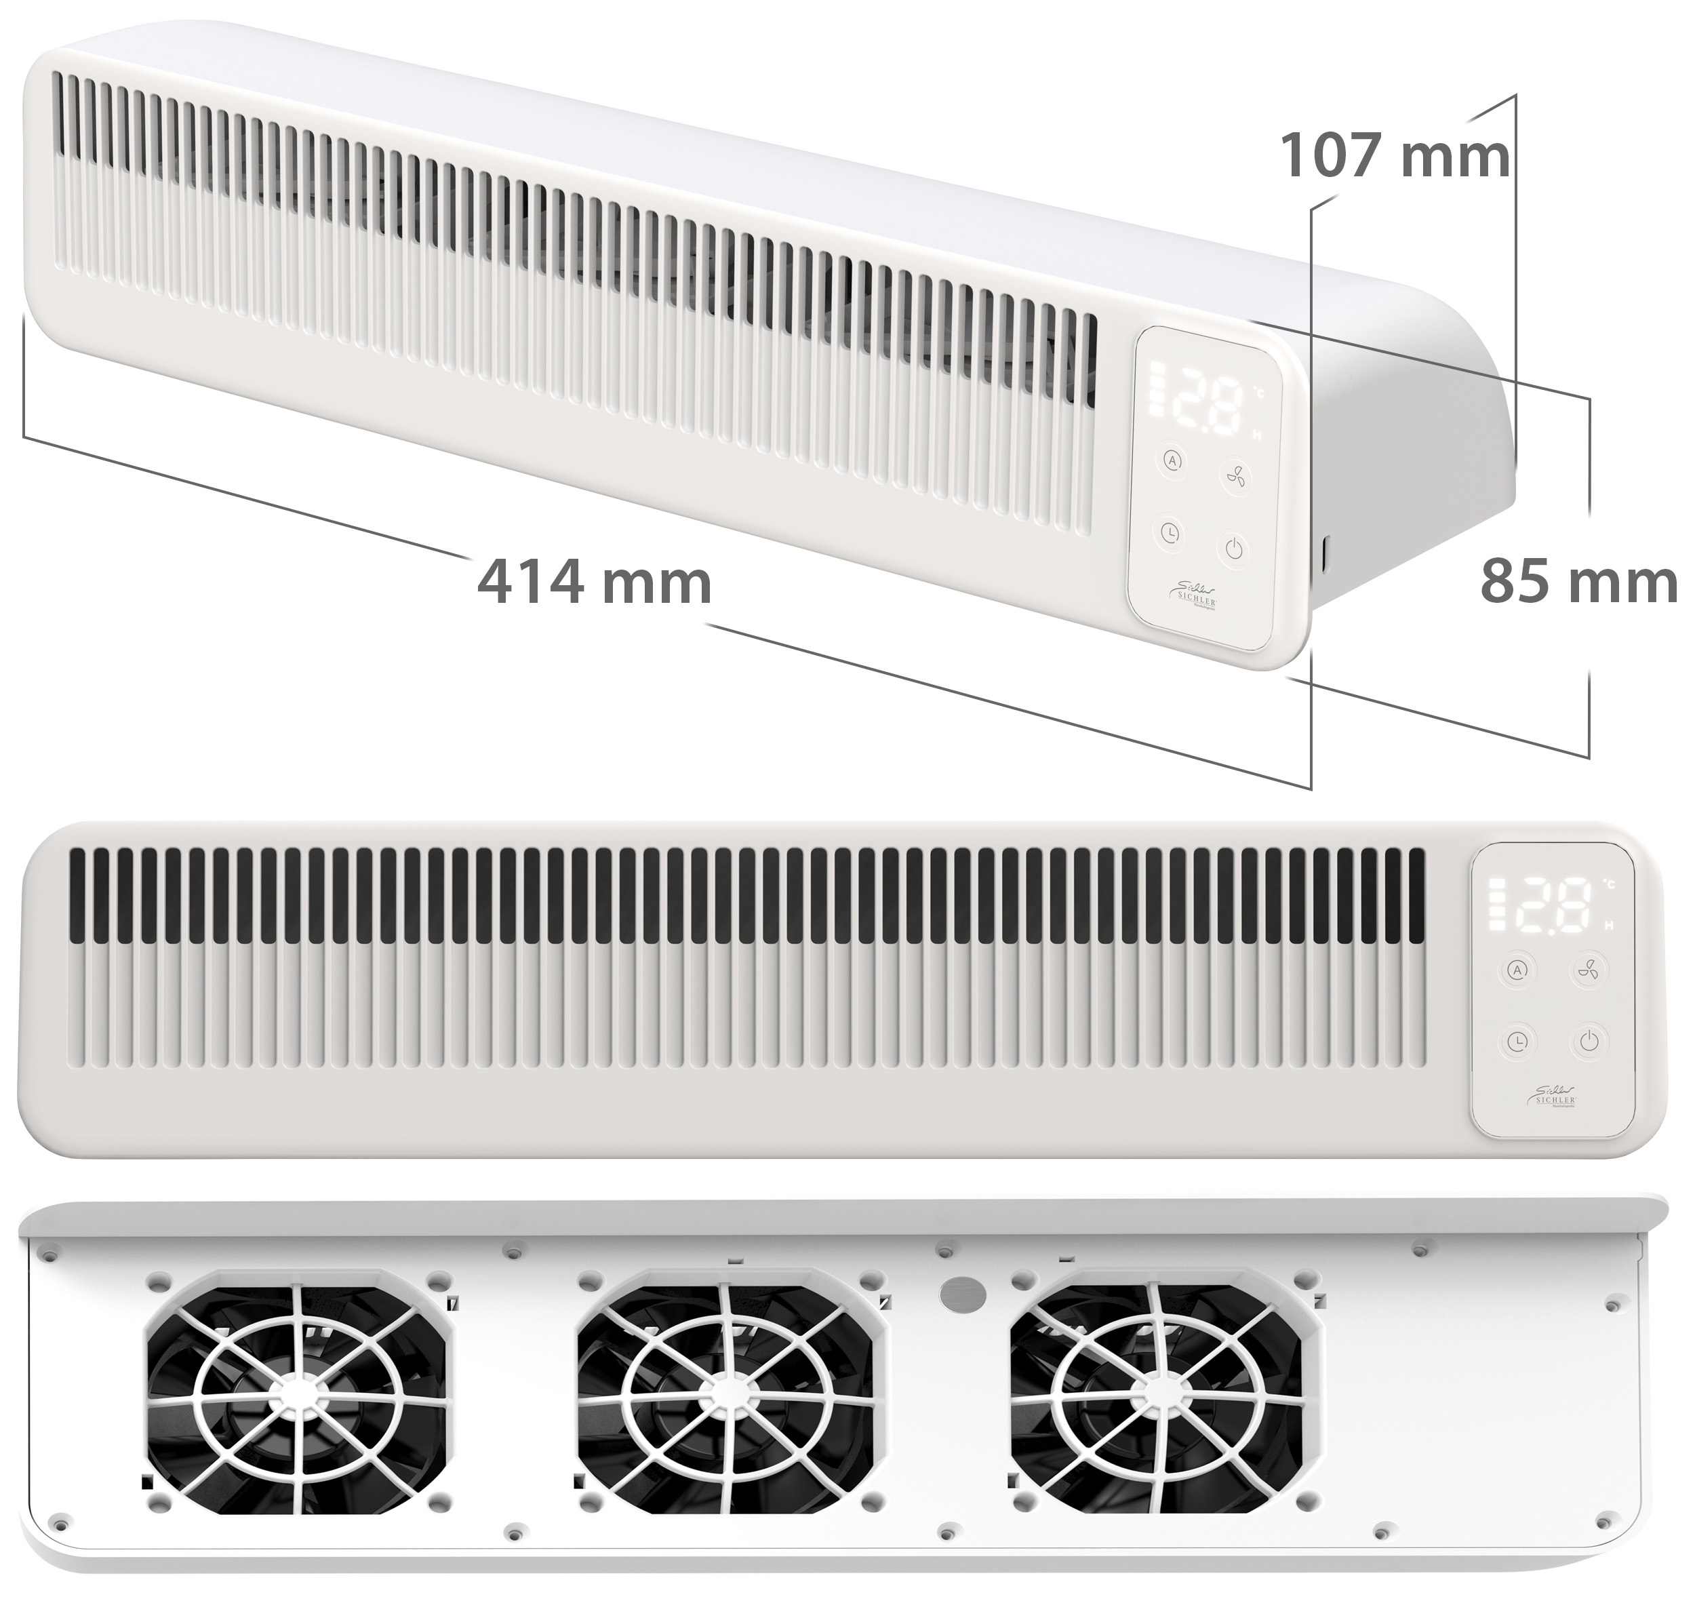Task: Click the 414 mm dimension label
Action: pyautogui.click(x=594, y=583)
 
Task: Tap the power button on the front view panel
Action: pyautogui.click(x=1587, y=1040)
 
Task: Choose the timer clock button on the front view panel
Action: pyautogui.click(x=1517, y=1040)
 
